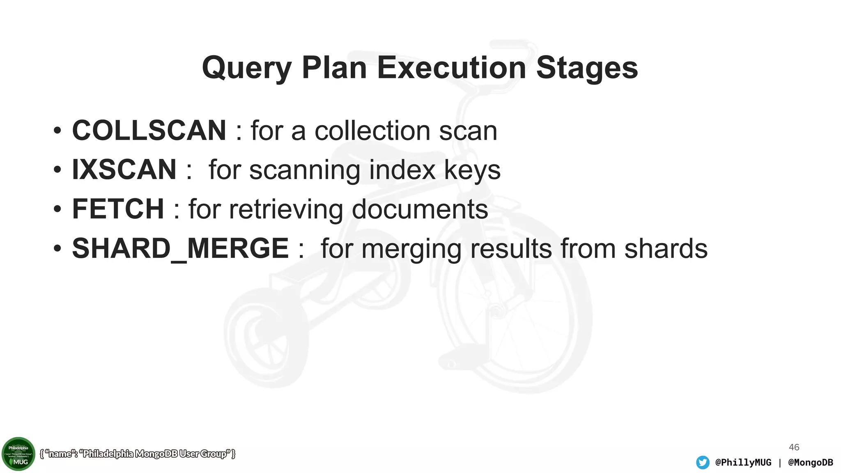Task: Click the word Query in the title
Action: pos(246,68)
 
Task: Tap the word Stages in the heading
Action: pos(587,68)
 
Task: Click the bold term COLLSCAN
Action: pos(149,131)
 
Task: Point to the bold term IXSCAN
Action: pos(124,170)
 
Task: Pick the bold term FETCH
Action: pos(118,209)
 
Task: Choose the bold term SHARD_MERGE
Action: pos(180,248)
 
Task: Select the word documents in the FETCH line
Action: pos(420,209)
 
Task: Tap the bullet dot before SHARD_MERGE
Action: pos(57,248)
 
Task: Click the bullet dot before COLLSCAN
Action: pos(57,131)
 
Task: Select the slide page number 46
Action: pos(794,447)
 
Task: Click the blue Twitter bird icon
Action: pos(703,462)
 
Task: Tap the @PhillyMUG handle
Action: pos(743,462)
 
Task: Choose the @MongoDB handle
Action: pos(810,462)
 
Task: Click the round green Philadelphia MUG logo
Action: pos(18,454)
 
